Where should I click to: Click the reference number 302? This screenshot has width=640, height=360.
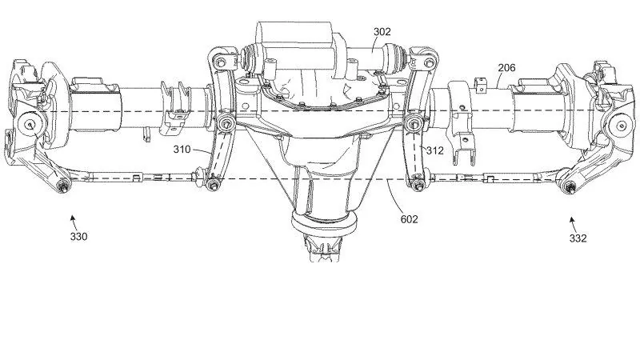(x=382, y=33)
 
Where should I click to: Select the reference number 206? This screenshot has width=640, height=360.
(x=506, y=69)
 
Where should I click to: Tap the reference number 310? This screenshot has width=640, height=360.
(x=183, y=148)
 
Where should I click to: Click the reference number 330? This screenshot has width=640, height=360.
(x=78, y=236)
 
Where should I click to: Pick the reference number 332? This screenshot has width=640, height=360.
(x=578, y=238)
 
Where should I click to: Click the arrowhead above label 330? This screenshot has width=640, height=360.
(x=73, y=216)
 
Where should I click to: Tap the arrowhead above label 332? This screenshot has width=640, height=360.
(x=572, y=217)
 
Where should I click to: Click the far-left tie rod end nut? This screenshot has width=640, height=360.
(x=62, y=186)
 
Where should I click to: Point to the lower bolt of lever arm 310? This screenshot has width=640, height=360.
(x=213, y=186)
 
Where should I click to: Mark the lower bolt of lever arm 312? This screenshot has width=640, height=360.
(x=418, y=186)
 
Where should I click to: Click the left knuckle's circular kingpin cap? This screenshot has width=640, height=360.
(x=30, y=124)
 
